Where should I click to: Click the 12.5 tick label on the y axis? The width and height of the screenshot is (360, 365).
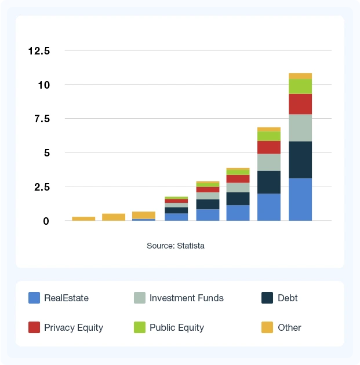click(x=39, y=51)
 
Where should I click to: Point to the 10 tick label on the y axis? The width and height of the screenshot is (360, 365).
click(x=45, y=85)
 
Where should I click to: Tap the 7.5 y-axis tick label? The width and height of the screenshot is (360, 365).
click(x=42, y=119)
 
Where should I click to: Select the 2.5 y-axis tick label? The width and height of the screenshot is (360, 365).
click(x=42, y=187)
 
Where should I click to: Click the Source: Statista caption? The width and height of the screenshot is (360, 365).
click(x=176, y=246)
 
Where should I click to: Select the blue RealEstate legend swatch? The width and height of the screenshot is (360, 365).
click(x=34, y=298)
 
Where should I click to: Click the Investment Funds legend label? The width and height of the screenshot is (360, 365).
click(x=186, y=298)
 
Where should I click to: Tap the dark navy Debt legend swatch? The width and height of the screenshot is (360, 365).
click(x=267, y=298)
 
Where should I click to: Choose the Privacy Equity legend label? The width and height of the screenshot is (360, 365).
click(x=74, y=327)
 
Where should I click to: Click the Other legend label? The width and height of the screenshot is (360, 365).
click(x=289, y=327)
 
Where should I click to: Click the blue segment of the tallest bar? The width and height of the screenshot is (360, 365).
click(x=300, y=199)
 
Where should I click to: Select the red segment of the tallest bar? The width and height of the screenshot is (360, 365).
click(x=300, y=104)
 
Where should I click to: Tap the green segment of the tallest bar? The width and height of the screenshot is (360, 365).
click(x=300, y=86)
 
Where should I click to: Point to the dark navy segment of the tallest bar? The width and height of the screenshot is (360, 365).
click(x=300, y=159)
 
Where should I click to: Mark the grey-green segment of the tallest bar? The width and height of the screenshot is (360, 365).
click(x=300, y=127)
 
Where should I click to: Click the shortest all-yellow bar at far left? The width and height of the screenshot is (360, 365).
click(x=83, y=218)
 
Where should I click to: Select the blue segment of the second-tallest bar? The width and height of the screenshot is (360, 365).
click(x=269, y=207)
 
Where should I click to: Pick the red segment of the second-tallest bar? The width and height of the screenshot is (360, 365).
click(x=269, y=147)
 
